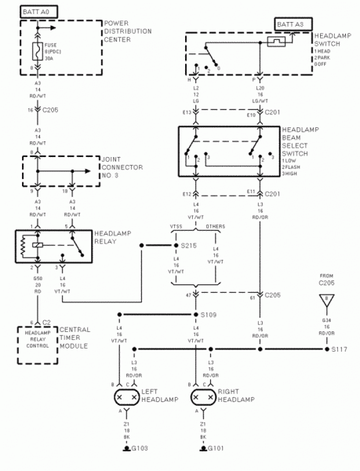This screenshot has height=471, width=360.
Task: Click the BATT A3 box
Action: click(293, 24)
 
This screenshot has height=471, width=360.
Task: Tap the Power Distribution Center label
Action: click(129, 33)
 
